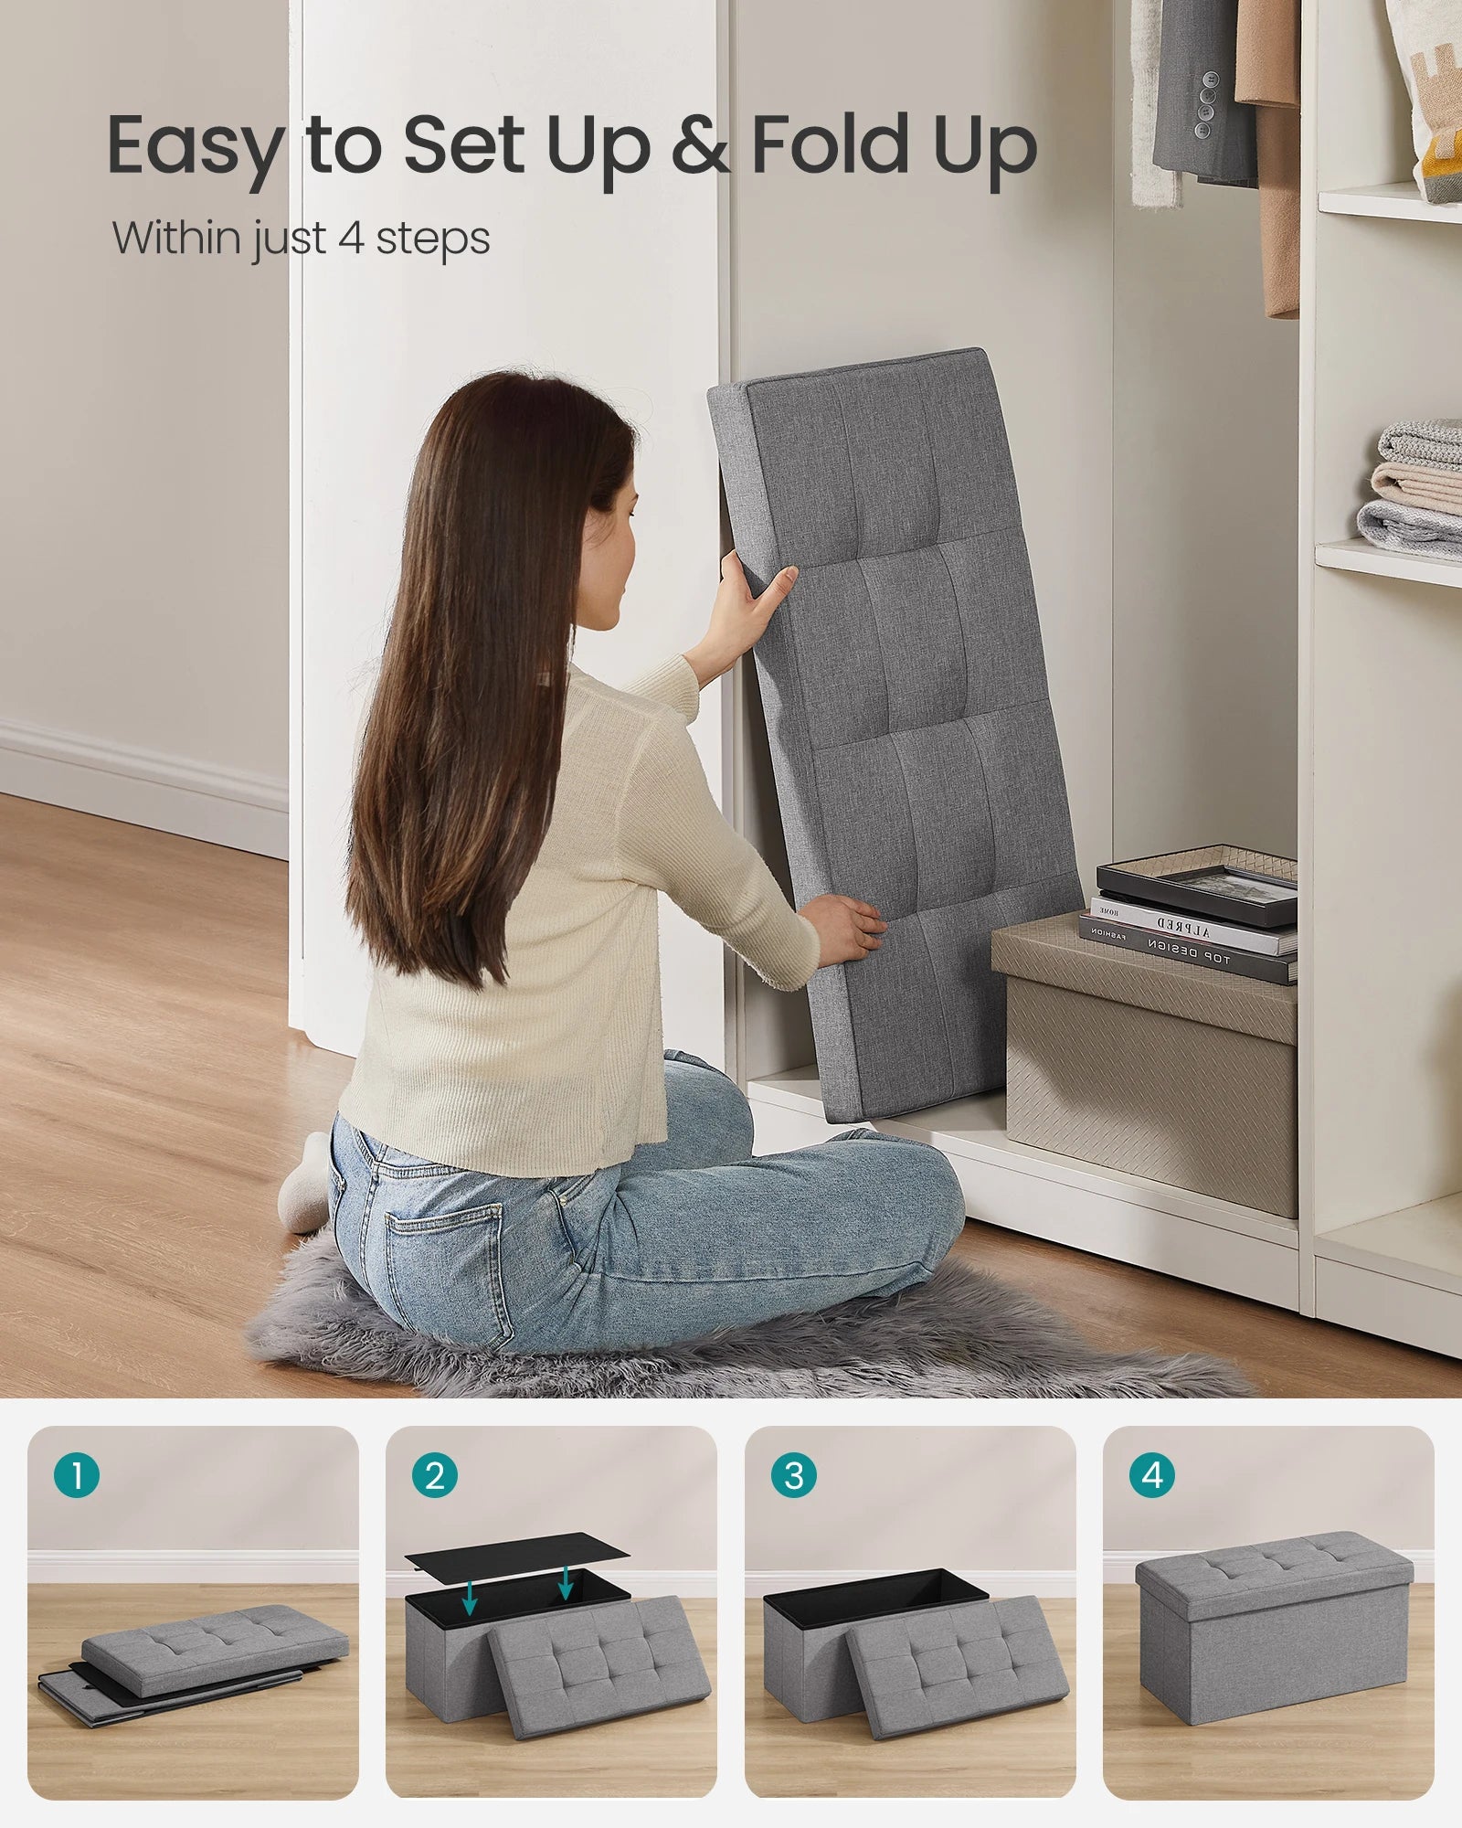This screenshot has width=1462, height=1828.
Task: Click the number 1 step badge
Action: coord(77,1475)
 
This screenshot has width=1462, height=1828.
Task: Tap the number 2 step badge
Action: coord(435,1475)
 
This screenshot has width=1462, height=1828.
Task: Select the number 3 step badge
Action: coord(794,1475)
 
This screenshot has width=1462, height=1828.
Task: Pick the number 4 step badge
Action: coord(1152,1475)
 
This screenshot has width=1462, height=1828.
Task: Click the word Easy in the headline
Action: coord(195,146)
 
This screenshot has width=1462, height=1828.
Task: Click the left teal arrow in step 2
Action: coord(470,1596)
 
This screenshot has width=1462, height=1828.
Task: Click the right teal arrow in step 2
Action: coord(566,1582)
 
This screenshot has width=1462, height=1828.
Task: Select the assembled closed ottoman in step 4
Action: coord(1274,1624)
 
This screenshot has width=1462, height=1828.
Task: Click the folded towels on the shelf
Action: coord(1416,489)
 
